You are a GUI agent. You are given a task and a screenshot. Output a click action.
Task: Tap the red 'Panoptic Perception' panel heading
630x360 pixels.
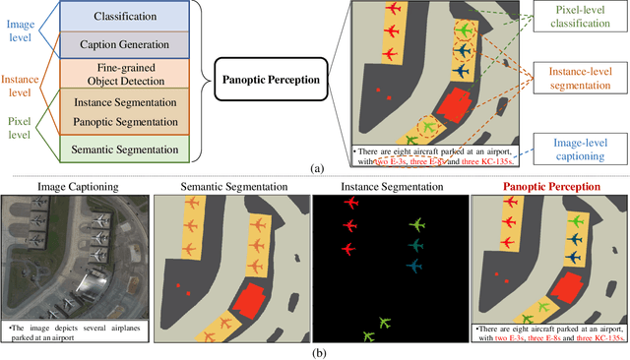[x=549, y=186]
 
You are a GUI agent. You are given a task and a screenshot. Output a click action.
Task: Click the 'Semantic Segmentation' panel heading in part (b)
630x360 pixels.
[x=232, y=186]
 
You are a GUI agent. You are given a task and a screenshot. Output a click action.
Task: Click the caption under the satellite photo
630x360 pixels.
[x=76, y=330]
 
